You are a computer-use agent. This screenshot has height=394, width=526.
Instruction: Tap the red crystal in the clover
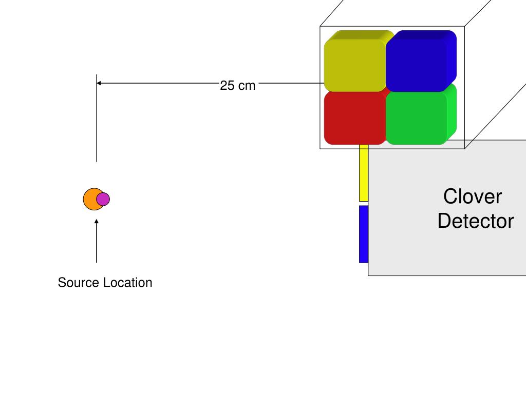[x=354, y=118]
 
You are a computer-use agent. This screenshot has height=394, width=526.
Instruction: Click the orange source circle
[x=90, y=199]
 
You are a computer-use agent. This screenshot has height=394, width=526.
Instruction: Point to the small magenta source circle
[x=103, y=199]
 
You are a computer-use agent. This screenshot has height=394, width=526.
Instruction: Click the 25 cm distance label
[x=237, y=86]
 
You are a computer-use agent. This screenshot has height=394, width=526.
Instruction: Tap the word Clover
[x=473, y=197]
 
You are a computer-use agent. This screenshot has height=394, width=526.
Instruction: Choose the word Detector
[x=475, y=221]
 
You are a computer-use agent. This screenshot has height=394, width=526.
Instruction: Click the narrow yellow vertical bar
[x=364, y=173]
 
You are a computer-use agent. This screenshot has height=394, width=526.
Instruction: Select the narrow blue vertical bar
[x=363, y=234]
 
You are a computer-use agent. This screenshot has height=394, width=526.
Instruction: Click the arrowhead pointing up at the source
[x=97, y=221]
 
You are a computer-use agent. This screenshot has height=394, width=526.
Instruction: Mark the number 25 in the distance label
[x=228, y=86]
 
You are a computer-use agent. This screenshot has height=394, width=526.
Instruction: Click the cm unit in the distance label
[x=247, y=86]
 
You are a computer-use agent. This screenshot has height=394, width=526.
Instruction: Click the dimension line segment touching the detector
[x=290, y=83]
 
